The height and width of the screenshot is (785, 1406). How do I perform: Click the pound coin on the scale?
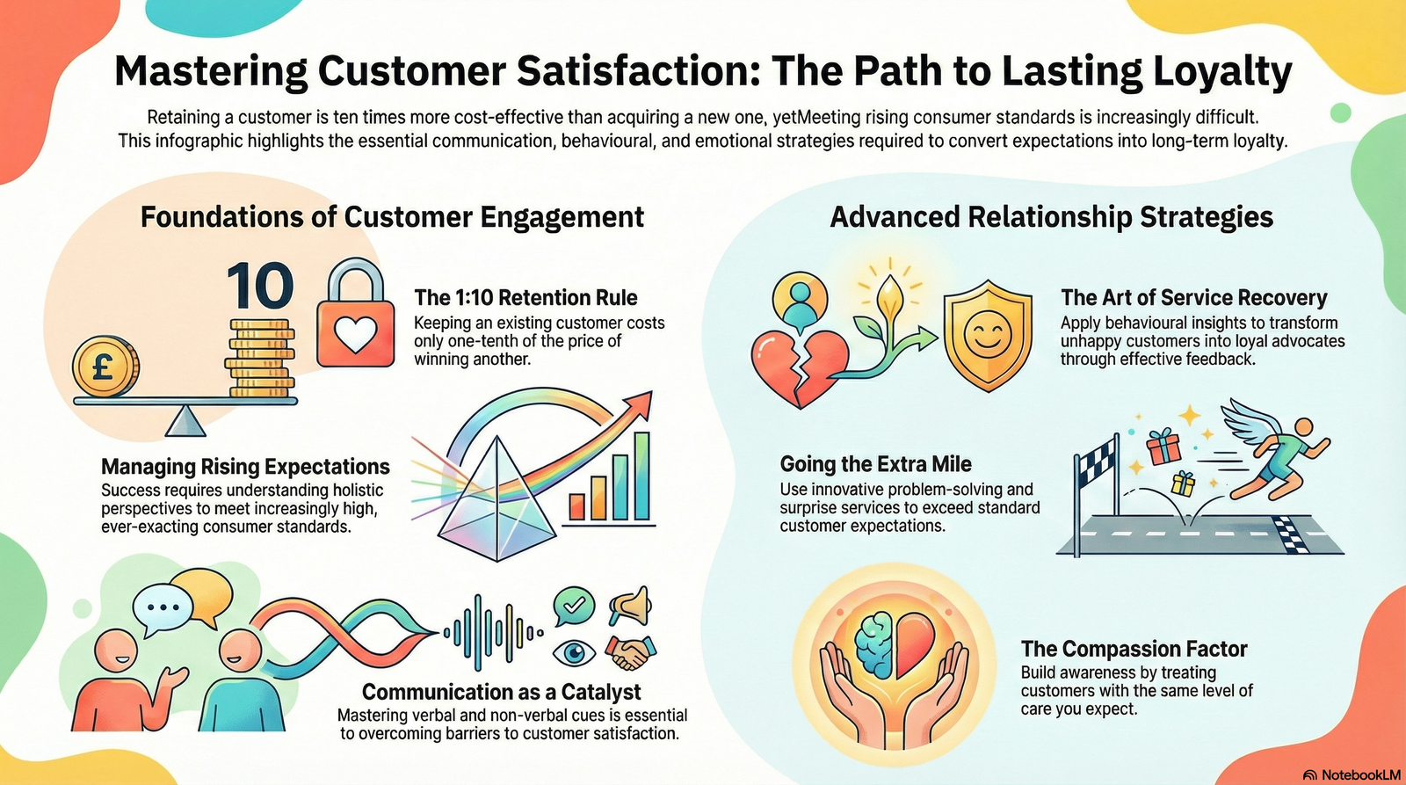(x=105, y=366)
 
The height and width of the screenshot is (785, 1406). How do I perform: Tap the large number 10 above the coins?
(x=260, y=286)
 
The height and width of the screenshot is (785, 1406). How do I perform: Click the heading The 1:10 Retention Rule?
(x=525, y=297)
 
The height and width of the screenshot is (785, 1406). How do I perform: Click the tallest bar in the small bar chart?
(x=642, y=475)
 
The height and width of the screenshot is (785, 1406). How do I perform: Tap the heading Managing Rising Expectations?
(x=245, y=467)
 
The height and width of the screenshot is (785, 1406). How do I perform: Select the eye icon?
(x=573, y=653)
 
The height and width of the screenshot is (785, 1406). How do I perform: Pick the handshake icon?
(x=629, y=652)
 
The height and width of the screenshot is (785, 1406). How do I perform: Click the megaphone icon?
(x=631, y=604)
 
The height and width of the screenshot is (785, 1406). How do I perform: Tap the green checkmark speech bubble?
(x=574, y=605)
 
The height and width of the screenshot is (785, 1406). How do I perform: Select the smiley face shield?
(x=987, y=336)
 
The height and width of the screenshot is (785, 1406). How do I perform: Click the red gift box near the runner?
(x=1164, y=447)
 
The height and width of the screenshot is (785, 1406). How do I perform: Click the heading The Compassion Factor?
(x=1134, y=649)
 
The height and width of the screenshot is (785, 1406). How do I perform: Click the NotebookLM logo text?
(x=1360, y=774)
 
